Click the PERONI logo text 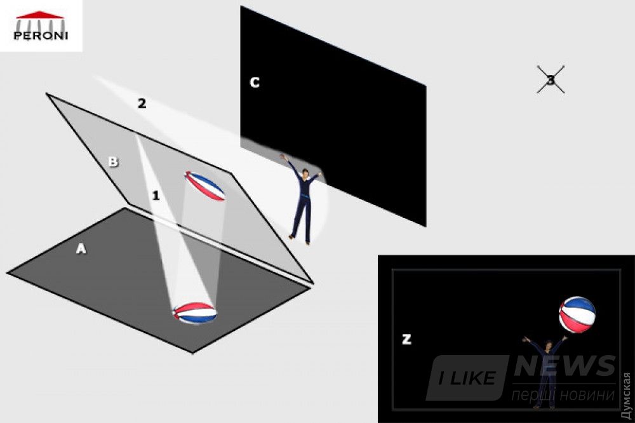click(x=40, y=36)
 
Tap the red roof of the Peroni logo click(x=39, y=15)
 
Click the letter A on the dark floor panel click(x=81, y=248)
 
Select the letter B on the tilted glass click(x=114, y=162)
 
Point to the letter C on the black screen click(x=255, y=83)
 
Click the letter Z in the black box click(x=406, y=339)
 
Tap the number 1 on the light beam click(x=156, y=196)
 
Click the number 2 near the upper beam click(x=142, y=104)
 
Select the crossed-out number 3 click(x=551, y=80)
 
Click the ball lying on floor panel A click(x=195, y=312)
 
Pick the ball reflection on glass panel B click(x=204, y=186)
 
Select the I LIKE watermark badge click(x=467, y=378)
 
